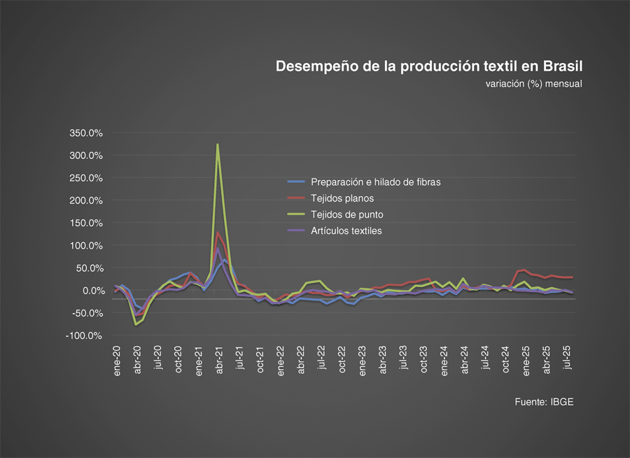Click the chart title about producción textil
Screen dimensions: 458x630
(x=429, y=67)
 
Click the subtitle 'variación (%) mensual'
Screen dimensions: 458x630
(x=533, y=84)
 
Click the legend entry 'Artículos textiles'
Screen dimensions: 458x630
(x=346, y=230)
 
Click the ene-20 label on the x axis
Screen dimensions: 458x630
(x=117, y=360)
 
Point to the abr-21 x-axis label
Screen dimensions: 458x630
(x=219, y=360)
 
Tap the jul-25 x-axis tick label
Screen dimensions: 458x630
(x=567, y=360)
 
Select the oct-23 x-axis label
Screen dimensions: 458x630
(x=423, y=360)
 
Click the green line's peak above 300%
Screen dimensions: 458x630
(x=218, y=145)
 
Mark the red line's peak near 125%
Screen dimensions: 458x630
(x=218, y=233)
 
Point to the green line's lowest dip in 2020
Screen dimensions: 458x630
(x=136, y=325)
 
